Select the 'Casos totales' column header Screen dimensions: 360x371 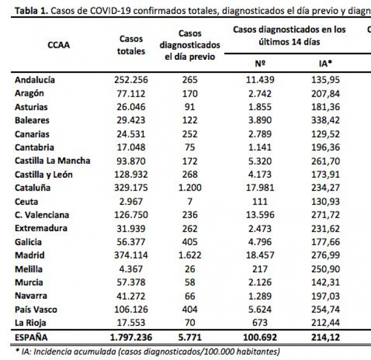tap(131, 45)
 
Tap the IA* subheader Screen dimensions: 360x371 tap(325, 64)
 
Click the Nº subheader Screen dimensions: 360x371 tap(260, 64)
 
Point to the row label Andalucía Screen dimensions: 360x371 tap(35, 80)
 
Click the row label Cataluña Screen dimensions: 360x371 tap(33, 188)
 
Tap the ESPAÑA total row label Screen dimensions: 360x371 tap(31, 338)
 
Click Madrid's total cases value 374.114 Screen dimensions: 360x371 tap(130, 255)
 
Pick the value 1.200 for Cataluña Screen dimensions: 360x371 tap(190, 188)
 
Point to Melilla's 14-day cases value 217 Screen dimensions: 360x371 tap(260, 269)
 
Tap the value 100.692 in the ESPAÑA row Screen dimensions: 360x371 tap(260, 338)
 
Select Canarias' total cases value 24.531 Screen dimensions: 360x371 tap(130, 134)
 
